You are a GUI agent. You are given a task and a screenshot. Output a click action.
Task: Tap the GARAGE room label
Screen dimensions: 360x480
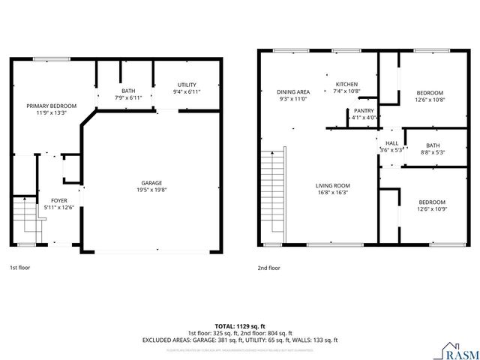tap(151, 183)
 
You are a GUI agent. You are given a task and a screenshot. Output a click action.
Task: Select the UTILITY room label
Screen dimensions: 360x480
tap(187, 84)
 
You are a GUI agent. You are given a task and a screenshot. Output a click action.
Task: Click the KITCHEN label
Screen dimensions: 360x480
tap(346, 84)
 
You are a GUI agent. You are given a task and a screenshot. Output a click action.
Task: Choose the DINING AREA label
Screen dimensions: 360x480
tap(293, 91)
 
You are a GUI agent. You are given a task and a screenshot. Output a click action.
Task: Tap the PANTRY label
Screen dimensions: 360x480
tap(364, 110)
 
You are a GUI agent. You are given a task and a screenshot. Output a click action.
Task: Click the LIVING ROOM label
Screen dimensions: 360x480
tap(331, 185)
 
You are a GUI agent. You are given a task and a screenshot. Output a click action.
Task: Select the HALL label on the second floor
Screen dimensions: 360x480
tap(391, 142)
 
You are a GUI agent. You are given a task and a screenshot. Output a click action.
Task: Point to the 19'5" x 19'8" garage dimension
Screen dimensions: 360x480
tap(151, 190)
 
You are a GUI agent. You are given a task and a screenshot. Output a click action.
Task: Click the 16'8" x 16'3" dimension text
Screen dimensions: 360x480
tap(331, 193)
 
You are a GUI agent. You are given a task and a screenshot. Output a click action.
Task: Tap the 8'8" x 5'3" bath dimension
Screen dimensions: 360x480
tap(433, 152)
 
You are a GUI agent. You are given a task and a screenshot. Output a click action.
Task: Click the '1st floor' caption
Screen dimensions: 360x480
tap(20, 267)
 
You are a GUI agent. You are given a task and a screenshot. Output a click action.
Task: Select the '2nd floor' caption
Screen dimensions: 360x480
tap(268, 267)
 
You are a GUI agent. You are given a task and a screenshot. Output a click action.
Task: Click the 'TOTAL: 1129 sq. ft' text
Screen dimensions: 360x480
tap(240, 325)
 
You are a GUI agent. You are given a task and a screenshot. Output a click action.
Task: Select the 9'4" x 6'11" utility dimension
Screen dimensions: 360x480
tap(187, 91)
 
